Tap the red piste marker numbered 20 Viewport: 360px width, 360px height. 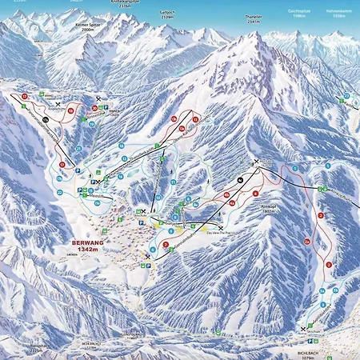(94, 108)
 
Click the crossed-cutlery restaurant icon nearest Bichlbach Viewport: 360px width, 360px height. (303, 329)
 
